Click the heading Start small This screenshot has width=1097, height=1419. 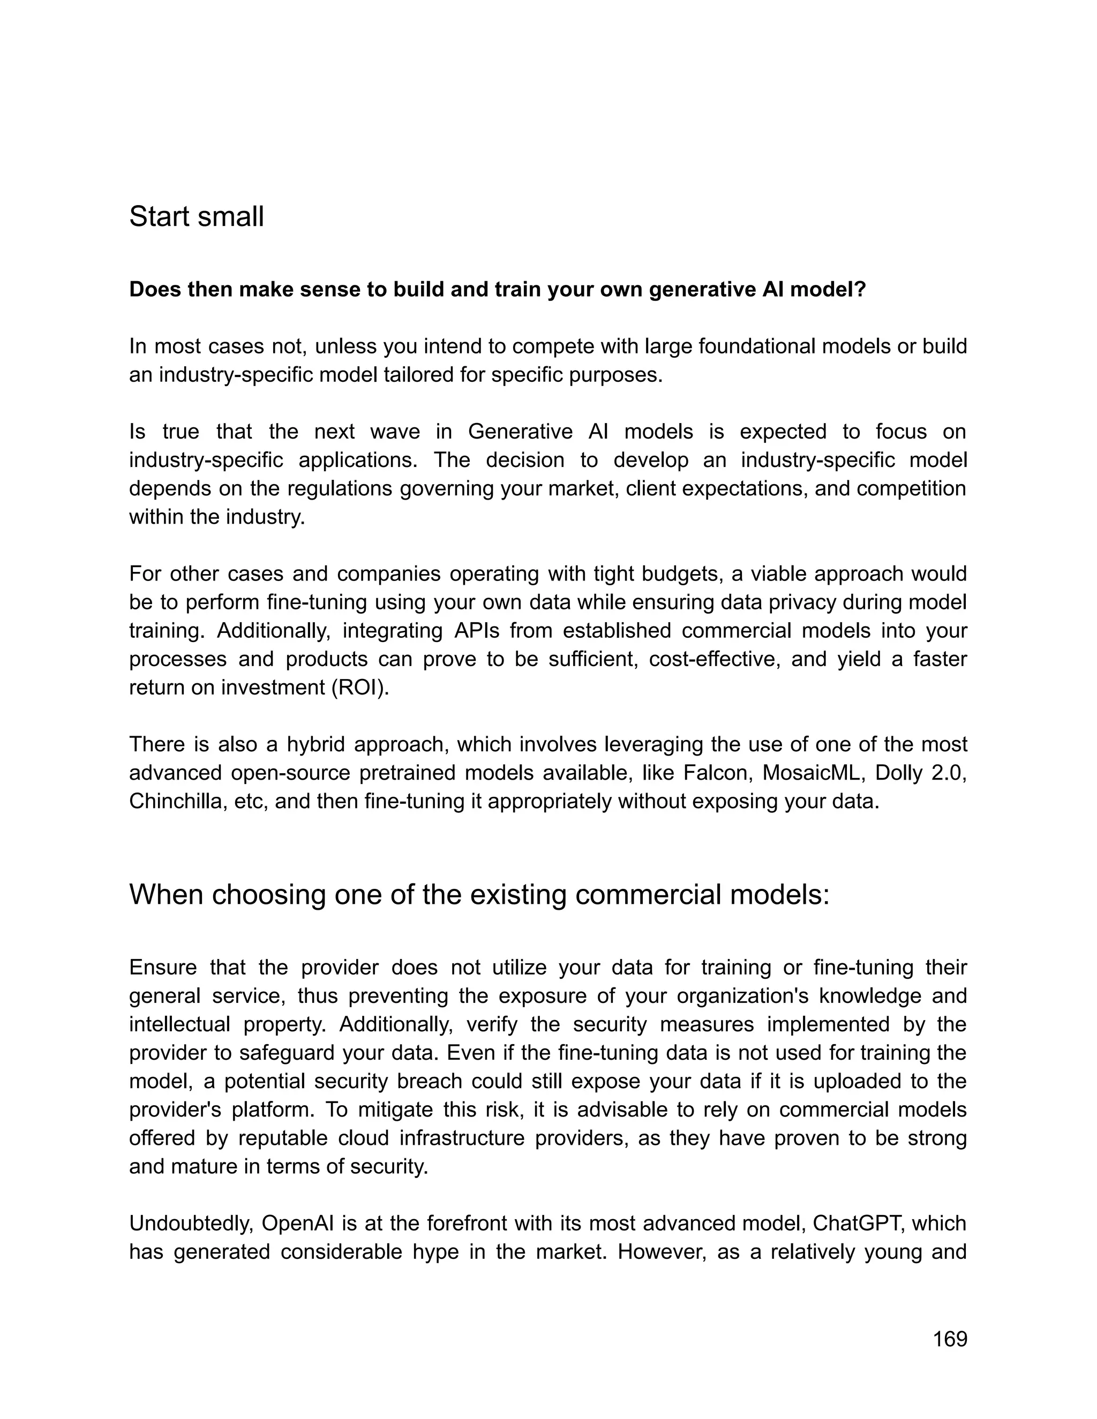(x=196, y=216)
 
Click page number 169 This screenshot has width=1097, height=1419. (x=950, y=1339)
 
